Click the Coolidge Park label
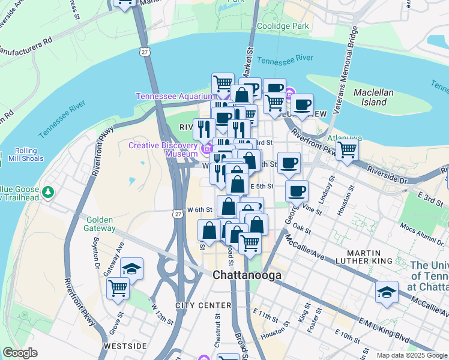tap(283, 26)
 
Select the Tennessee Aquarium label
tap(174, 96)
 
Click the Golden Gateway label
tap(100, 223)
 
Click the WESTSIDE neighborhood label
tap(125, 346)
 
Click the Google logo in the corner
tap(20, 353)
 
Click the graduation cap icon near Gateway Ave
tap(132, 268)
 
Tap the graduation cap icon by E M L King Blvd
tap(387, 292)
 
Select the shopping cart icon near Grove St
tap(118, 288)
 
